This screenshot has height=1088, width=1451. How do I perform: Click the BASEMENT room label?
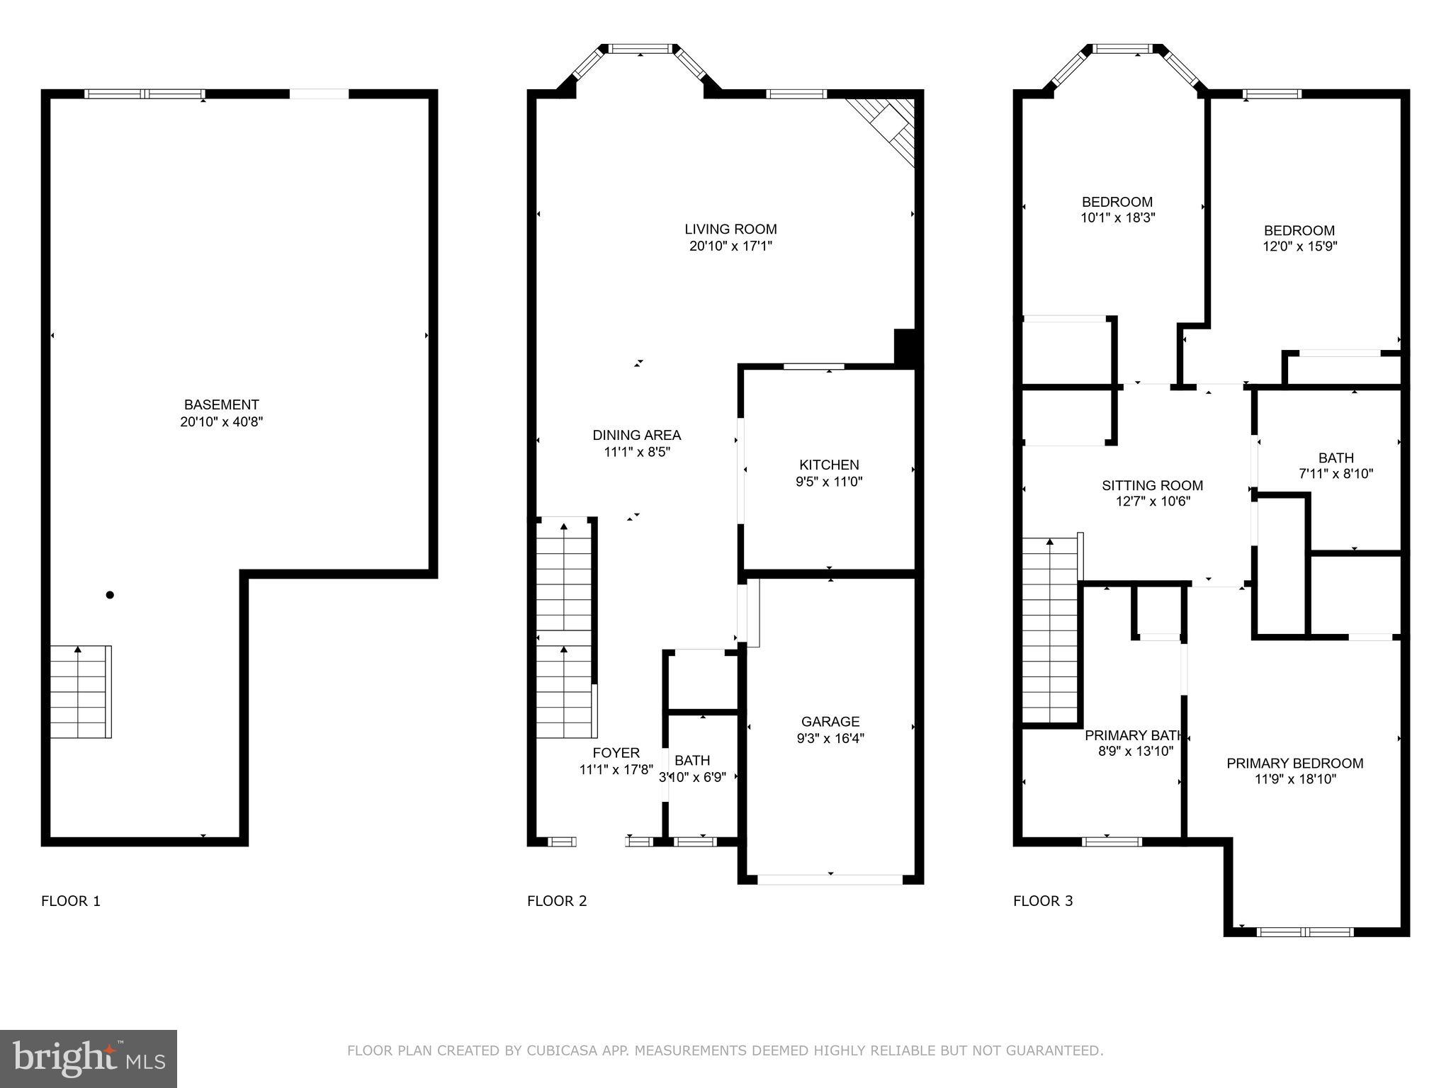[x=221, y=404]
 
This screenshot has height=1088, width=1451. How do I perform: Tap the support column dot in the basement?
[x=110, y=595]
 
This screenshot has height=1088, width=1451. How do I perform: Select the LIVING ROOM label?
[x=730, y=229]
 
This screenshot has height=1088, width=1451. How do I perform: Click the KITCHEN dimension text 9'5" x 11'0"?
[x=829, y=482]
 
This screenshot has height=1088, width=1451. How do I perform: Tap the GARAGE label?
[x=830, y=721]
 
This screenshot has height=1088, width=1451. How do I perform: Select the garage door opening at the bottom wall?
[x=830, y=880]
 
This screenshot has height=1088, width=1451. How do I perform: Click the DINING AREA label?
[x=636, y=435]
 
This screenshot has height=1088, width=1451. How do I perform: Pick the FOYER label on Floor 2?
[x=616, y=753]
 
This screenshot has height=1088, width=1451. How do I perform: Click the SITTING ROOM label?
[x=1152, y=485]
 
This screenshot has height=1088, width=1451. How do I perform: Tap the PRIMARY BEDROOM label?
[x=1294, y=763]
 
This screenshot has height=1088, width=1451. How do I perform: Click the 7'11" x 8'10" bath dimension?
[x=1336, y=474]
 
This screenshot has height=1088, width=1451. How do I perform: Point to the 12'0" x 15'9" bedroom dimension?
[x=1299, y=246]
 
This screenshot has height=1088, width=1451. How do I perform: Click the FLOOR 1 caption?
[x=71, y=901]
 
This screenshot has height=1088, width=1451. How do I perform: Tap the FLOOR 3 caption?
[x=1043, y=901]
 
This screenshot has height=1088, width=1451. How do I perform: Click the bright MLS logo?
[x=89, y=1058]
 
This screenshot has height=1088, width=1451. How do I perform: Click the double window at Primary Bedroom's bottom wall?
[x=1305, y=932]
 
